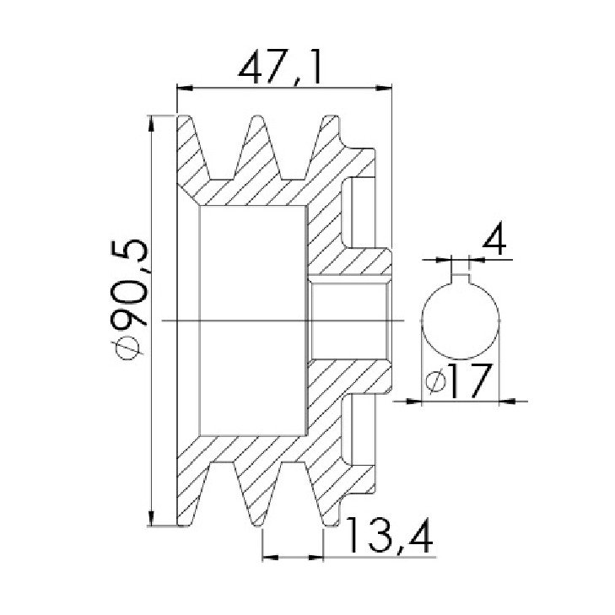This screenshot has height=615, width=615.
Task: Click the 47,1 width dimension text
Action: pyautogui.click(x=280, y=67)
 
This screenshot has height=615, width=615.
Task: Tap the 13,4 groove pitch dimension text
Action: pyautogui.click(x=390, y=537)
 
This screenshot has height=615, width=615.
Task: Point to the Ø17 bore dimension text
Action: pyautogui.click(x=458, y=380)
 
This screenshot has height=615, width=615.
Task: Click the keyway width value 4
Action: pyautogui.click(x=494, y=238)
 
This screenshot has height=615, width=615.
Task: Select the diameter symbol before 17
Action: pyautogui.click(x=435, y=381)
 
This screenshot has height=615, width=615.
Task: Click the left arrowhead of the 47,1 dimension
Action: pyautogui.click(x=185, y=89)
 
